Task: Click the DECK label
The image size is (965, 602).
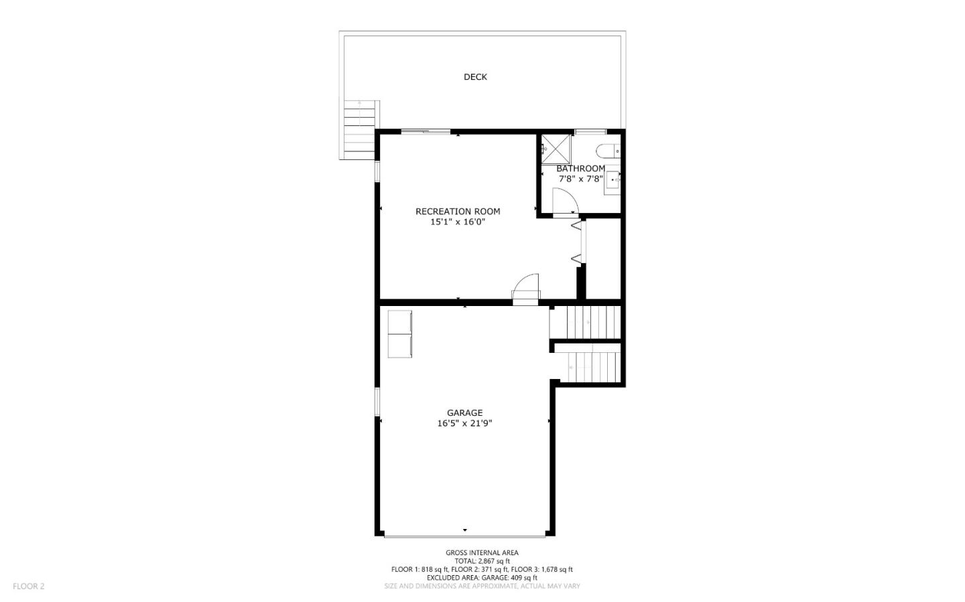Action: pyautogui.click(x=475, y=77)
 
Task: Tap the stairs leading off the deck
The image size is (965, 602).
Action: pyautogui.click(x=360, y=129)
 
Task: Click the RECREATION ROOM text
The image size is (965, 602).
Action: pyautogui.click(x=458, y=212)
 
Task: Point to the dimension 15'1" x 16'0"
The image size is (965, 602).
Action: pyautogui.click(x=458, y=222)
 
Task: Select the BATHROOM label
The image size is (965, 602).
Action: pyautogui.click(x=580, y=169)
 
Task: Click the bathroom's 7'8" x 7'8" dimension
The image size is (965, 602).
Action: pyautogui.click(x=580, y=179)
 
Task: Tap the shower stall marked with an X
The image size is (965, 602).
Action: pyautogui.click(x=556, y=149)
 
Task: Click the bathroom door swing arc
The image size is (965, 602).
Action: pyautogui.click(x=564, y=201)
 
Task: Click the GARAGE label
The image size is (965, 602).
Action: pyautogui.click(x=464, y=413)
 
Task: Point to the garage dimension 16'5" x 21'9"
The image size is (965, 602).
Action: pyautogui.click(x=464, y=423)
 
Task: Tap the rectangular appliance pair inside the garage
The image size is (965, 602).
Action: pyautogui.click(x=400, y=334)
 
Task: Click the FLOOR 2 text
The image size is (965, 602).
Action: pyautogui.click(x=28, y=587)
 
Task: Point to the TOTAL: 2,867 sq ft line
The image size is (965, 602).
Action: pyautogui.click(x=482, y=561)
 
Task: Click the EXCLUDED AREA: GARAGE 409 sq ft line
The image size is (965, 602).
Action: pyautogui.click(x=482, y=577)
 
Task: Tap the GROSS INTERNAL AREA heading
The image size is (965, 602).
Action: pyautogui.click(x=482, y=553)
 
